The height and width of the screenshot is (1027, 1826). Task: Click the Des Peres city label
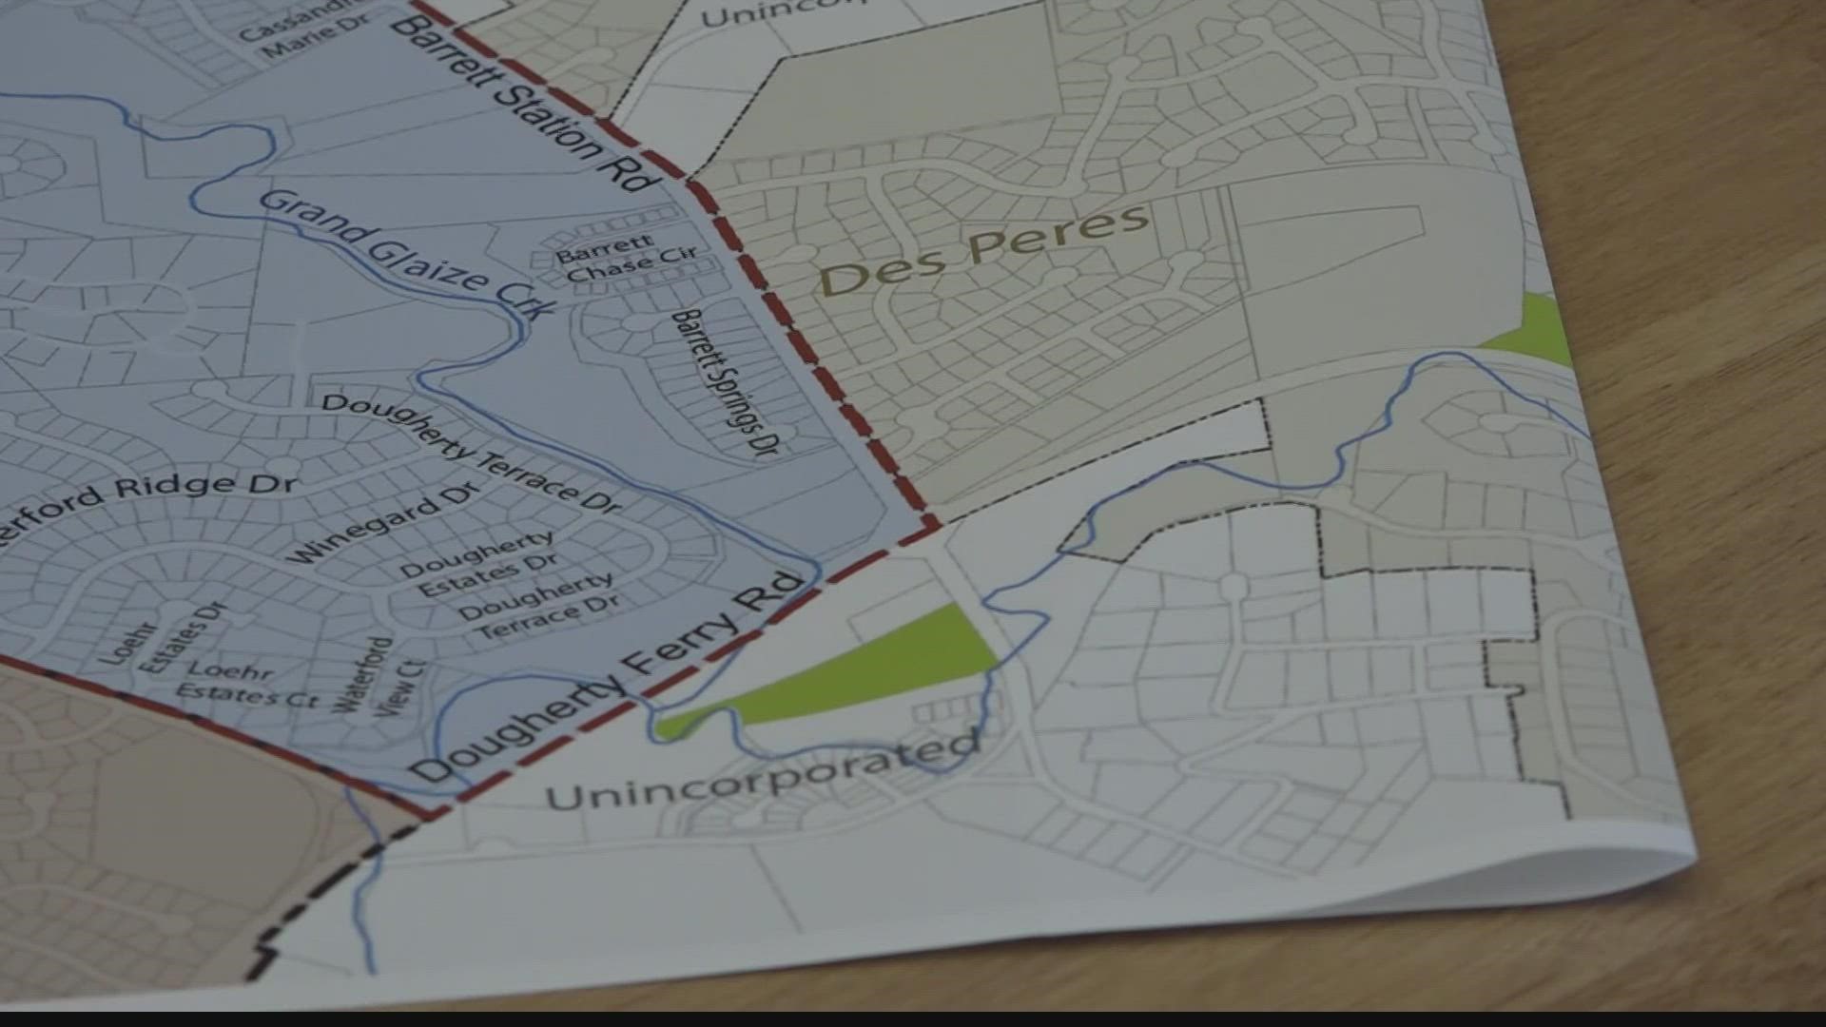point(983,249)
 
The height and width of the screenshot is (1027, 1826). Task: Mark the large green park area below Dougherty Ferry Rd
point(856,670)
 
